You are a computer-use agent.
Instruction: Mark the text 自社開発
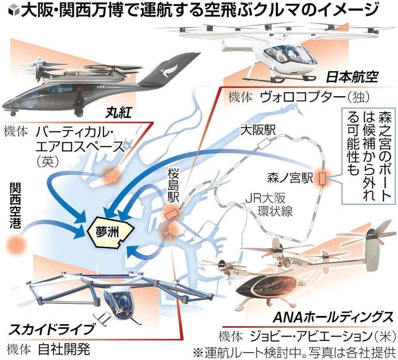click(64, 350)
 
